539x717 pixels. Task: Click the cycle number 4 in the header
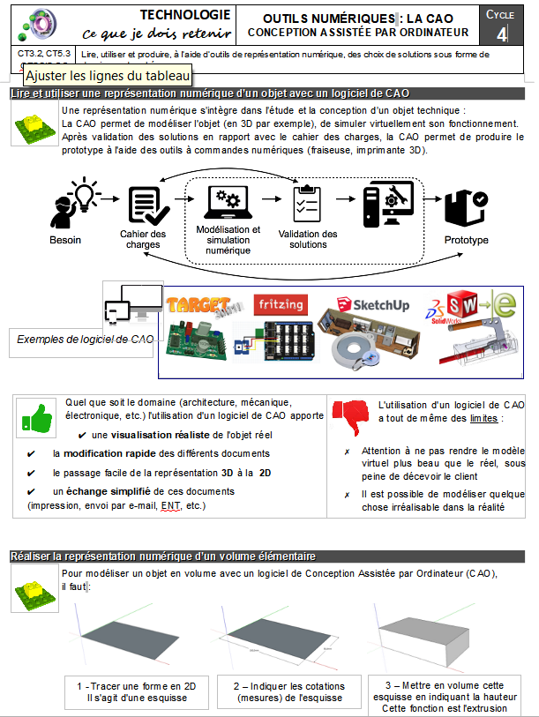click(502, 34)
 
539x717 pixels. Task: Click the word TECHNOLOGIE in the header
click(185, 14)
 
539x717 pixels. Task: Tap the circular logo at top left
click(41, 24)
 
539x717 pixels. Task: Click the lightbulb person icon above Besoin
click(71, 204)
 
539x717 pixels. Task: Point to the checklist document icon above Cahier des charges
click(143, 205)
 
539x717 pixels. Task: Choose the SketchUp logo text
click(381, 305)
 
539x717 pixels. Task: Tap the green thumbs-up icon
click(36, 415)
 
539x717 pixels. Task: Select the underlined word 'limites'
click(483, 418)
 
